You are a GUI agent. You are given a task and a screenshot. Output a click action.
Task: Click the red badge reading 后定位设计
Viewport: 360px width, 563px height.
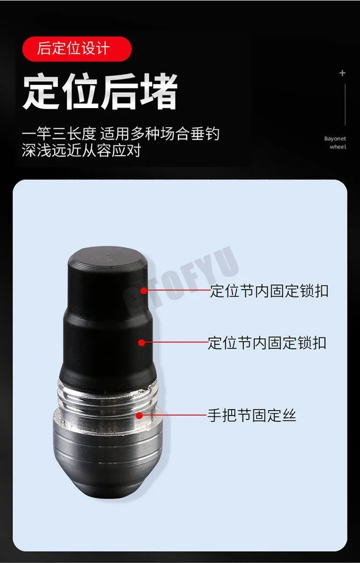pos(77,49)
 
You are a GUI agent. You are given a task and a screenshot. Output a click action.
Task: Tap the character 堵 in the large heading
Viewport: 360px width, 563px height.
pos(158,91)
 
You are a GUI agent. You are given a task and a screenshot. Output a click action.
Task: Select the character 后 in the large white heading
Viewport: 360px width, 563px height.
pos(119,91)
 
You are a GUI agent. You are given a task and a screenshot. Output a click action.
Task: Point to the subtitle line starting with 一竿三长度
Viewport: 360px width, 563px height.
pos(120,135)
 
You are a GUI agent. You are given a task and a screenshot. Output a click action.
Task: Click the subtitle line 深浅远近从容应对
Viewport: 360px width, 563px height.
pos(82,150)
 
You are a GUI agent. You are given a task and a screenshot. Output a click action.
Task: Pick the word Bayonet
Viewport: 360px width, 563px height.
pos(335,139)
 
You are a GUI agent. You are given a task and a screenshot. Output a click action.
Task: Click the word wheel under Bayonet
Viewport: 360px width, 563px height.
pos(338,147)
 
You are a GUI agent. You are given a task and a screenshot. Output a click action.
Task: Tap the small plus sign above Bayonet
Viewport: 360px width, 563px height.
pos(342,73)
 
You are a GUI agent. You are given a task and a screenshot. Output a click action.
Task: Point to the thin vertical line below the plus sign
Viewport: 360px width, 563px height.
pos(345,105)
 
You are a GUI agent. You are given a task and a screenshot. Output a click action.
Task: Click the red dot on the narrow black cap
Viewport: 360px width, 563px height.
pos(144,291)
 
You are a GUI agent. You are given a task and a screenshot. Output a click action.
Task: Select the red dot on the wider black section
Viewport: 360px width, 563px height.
pos(142,343)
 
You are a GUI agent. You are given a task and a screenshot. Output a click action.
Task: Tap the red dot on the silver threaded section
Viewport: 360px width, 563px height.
pos(139,416)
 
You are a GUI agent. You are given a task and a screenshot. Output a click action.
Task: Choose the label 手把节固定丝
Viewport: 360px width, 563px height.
pos(252,416)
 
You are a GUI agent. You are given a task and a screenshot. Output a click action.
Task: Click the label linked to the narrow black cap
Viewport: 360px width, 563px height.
pos(269,291)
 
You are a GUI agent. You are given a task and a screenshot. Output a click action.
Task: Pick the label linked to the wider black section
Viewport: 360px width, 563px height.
pos(267,343)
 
